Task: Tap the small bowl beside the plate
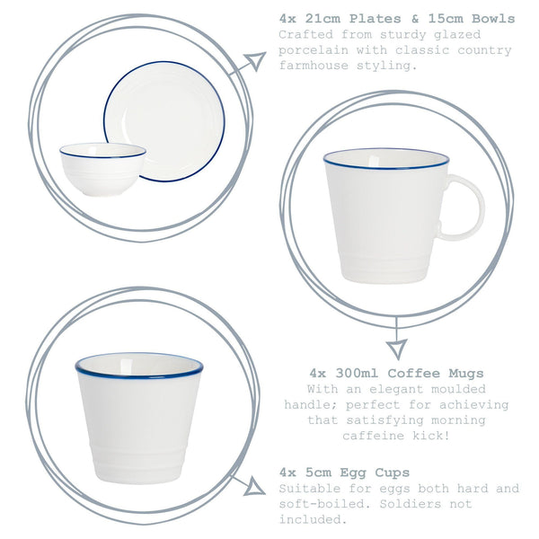(102, 168)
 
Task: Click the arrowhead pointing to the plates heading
(256, 61)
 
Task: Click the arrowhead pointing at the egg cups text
(254, 487)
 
